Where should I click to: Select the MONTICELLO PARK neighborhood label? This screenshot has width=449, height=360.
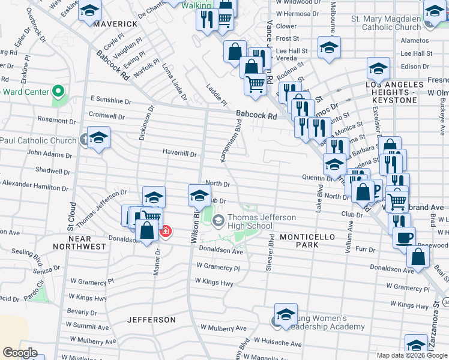[307, 241]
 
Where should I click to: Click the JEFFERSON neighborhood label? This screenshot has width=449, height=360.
[152, 320]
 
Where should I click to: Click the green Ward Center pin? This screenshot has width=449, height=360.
[58, 92]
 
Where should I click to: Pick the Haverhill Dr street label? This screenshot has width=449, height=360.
[179, 153]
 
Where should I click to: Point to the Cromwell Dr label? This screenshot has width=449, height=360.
[106, 114]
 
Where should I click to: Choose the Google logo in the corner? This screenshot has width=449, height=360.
[20, 353]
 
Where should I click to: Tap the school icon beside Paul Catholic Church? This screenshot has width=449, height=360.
[98, 138]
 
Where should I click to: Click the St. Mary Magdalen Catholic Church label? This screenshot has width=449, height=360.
[386, 23]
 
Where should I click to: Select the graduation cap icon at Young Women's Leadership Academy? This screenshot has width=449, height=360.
[286, 314]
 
